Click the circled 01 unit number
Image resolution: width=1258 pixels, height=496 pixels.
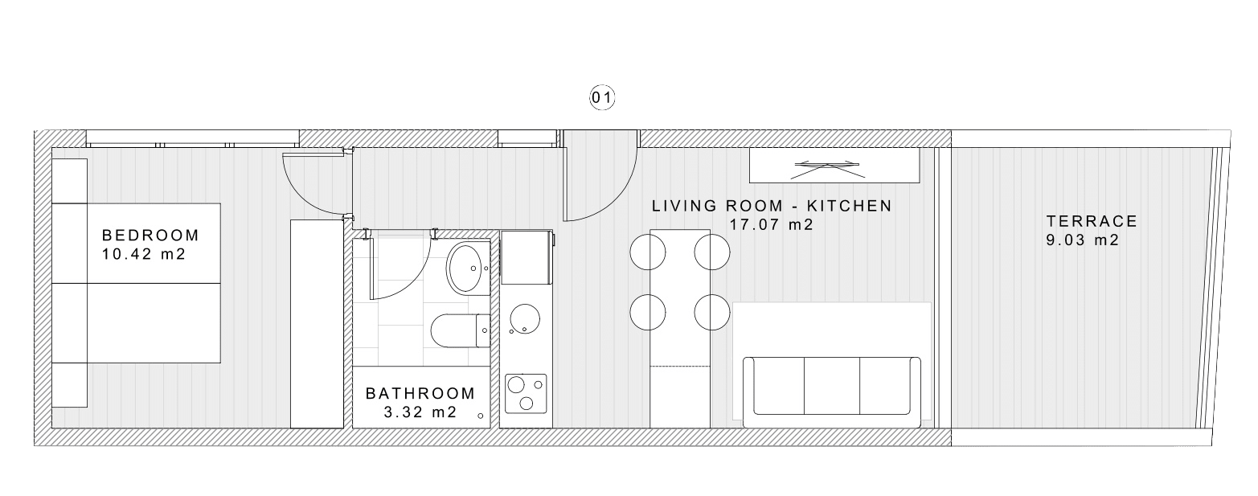pos(601,98)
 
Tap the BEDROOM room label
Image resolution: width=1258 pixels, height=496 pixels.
pos(150,235)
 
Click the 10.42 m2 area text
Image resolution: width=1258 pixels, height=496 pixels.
pos(144,254)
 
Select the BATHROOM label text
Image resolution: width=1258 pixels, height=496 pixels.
pos(420,393)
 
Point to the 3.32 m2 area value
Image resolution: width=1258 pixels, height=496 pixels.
pos(420,412)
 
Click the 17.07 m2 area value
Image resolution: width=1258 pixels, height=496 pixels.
pos(772,225)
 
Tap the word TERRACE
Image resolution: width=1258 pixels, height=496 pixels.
pos(1092,221)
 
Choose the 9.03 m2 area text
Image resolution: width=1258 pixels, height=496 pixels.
pos(1083,240)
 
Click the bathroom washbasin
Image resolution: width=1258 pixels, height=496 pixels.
pos(468,268)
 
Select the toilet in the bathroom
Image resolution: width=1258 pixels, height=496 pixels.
pos(461,331)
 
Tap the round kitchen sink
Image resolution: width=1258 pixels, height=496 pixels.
pos(525,318)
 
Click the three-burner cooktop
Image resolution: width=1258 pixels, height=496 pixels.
pos(527,394)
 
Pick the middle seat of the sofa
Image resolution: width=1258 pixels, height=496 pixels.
pos(832,386)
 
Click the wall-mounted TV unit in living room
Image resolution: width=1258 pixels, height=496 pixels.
pos(834,165)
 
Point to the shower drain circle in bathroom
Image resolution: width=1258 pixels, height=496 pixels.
pos(480,416)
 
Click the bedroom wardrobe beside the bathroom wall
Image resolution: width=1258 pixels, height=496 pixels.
pos(317,324)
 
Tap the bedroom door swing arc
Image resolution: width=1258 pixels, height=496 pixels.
pos(301,194)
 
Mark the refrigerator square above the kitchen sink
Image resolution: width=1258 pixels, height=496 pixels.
pos(527,257)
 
